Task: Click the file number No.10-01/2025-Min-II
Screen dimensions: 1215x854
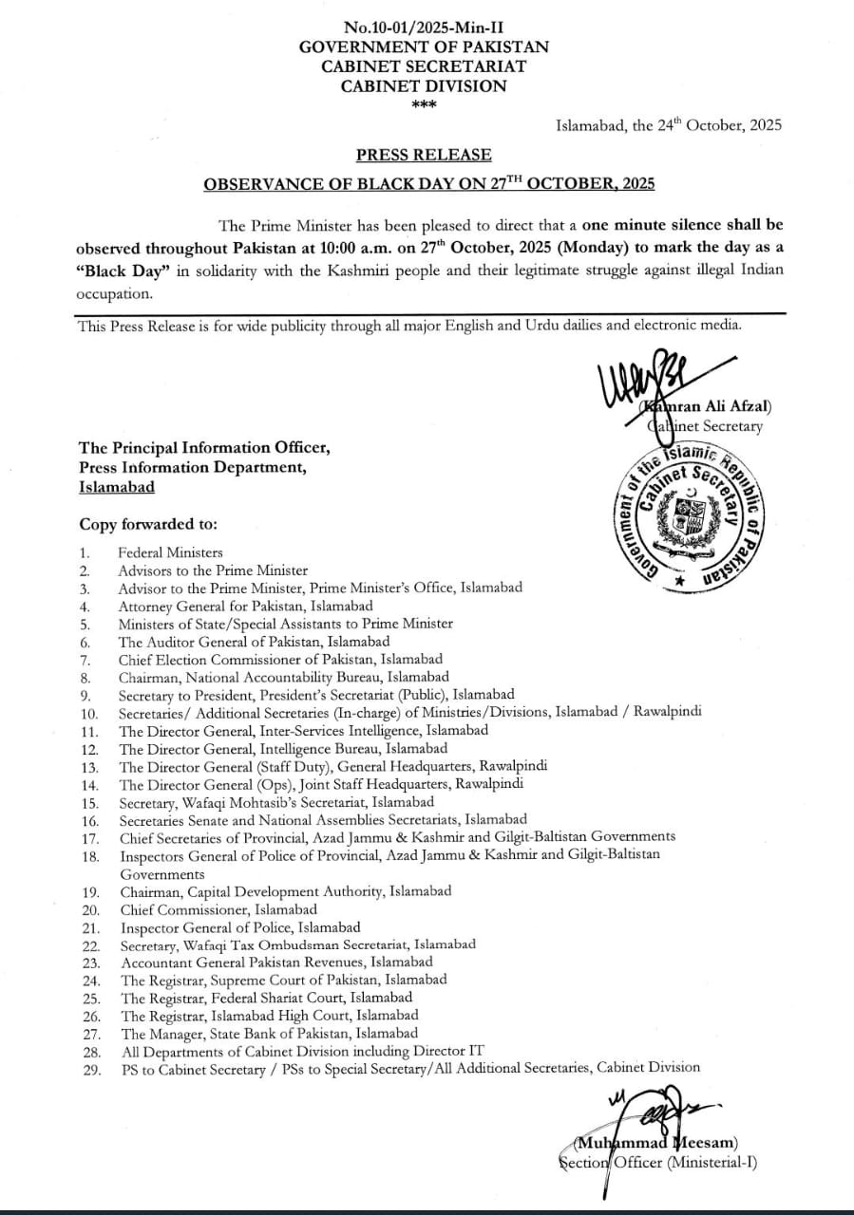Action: tap(423, 28)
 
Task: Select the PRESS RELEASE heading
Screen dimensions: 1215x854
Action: tap(424, 155)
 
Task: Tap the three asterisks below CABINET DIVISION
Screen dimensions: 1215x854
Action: tap(424, 104)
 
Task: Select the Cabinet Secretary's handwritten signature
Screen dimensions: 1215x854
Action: tap(655, 381)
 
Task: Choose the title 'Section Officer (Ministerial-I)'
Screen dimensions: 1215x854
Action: tap(657, 1161)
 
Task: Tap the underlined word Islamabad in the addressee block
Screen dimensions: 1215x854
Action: tap(117, 486)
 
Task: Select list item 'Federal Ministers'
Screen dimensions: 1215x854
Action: tap(170, 552)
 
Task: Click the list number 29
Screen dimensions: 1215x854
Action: tap(91, 1069)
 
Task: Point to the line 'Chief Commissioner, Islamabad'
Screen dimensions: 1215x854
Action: tap(218, 909)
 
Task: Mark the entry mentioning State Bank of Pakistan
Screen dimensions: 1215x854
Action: tap(269, 1034)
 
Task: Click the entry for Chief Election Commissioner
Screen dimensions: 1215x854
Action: tap(280, 659)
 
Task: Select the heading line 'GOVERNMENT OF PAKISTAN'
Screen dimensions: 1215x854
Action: tap(424, 47)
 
